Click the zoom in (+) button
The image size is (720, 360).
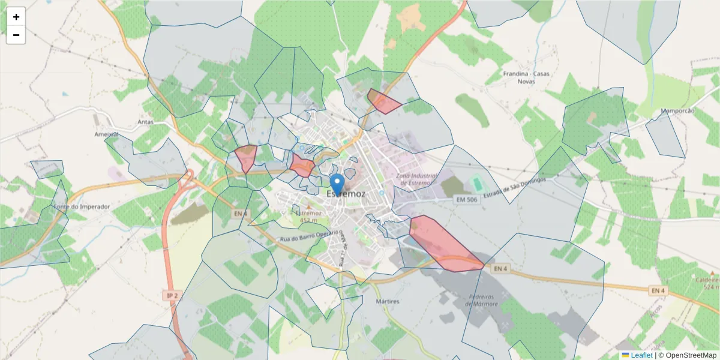[16, 17]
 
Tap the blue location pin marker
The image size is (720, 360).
[338, 184]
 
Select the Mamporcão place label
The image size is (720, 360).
[677, 111]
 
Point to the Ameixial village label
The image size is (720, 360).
[107, 134]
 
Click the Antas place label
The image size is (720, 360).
[146, 122]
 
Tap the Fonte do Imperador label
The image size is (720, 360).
[82, 206]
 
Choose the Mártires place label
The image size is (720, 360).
[387, 301]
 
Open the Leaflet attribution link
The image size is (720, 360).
[641, 355]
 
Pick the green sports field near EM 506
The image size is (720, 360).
[476, 182]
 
